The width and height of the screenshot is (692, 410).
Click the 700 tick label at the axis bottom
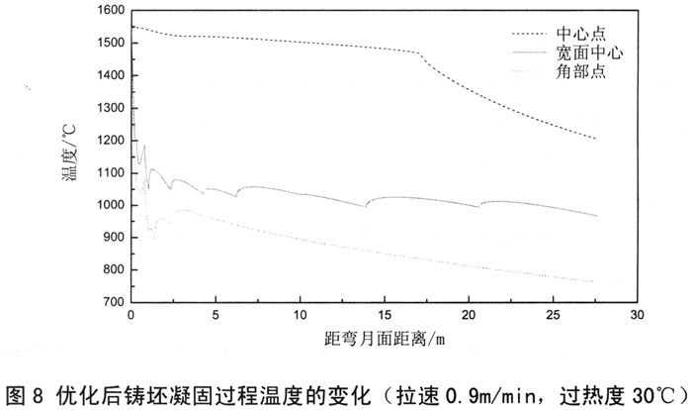point(111,302)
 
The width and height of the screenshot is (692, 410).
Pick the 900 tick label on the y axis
point(111,238)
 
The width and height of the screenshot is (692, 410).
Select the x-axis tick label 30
point(638,315)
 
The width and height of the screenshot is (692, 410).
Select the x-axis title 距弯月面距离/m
point(387,338)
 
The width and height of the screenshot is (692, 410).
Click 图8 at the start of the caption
point(25,393)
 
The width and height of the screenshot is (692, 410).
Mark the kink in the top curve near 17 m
point(419,56)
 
